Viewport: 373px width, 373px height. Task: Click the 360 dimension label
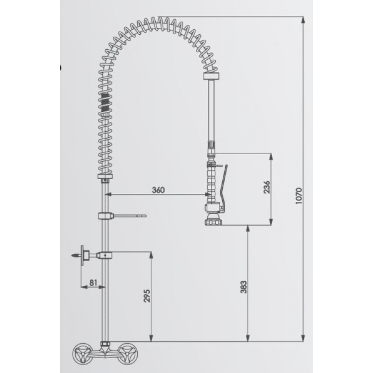[158, 190]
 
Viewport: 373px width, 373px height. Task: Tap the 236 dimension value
[267, 187]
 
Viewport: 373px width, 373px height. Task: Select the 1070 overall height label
[298, 195]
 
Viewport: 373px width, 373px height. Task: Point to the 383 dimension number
[244, 287]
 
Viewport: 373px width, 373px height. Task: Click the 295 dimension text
[147, 296]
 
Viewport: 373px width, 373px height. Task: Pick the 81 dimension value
[93, 282]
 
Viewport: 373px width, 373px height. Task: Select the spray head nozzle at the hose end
[213, 219]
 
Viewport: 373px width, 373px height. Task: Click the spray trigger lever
[223, 188]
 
